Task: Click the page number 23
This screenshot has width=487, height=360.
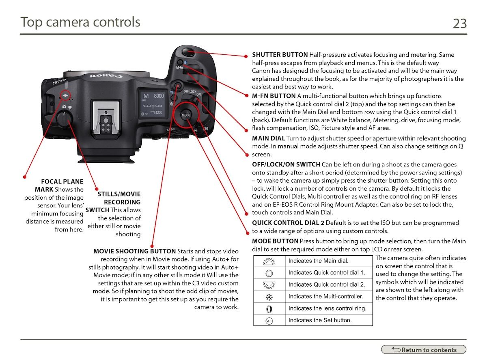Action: coord(459,24)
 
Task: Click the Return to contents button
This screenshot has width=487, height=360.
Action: coord(424,350)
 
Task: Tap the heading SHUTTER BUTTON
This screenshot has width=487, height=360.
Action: coord(280,55)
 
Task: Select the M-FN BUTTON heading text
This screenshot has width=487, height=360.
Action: coord(274,96)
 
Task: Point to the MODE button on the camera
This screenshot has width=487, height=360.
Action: coord(186,115)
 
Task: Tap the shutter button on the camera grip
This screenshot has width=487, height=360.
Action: coord(187,52)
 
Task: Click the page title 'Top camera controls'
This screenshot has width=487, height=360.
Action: coord(80,22)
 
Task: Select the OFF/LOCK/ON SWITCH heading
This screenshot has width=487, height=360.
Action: coord(286,164)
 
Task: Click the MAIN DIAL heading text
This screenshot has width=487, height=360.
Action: coord(268,139)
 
